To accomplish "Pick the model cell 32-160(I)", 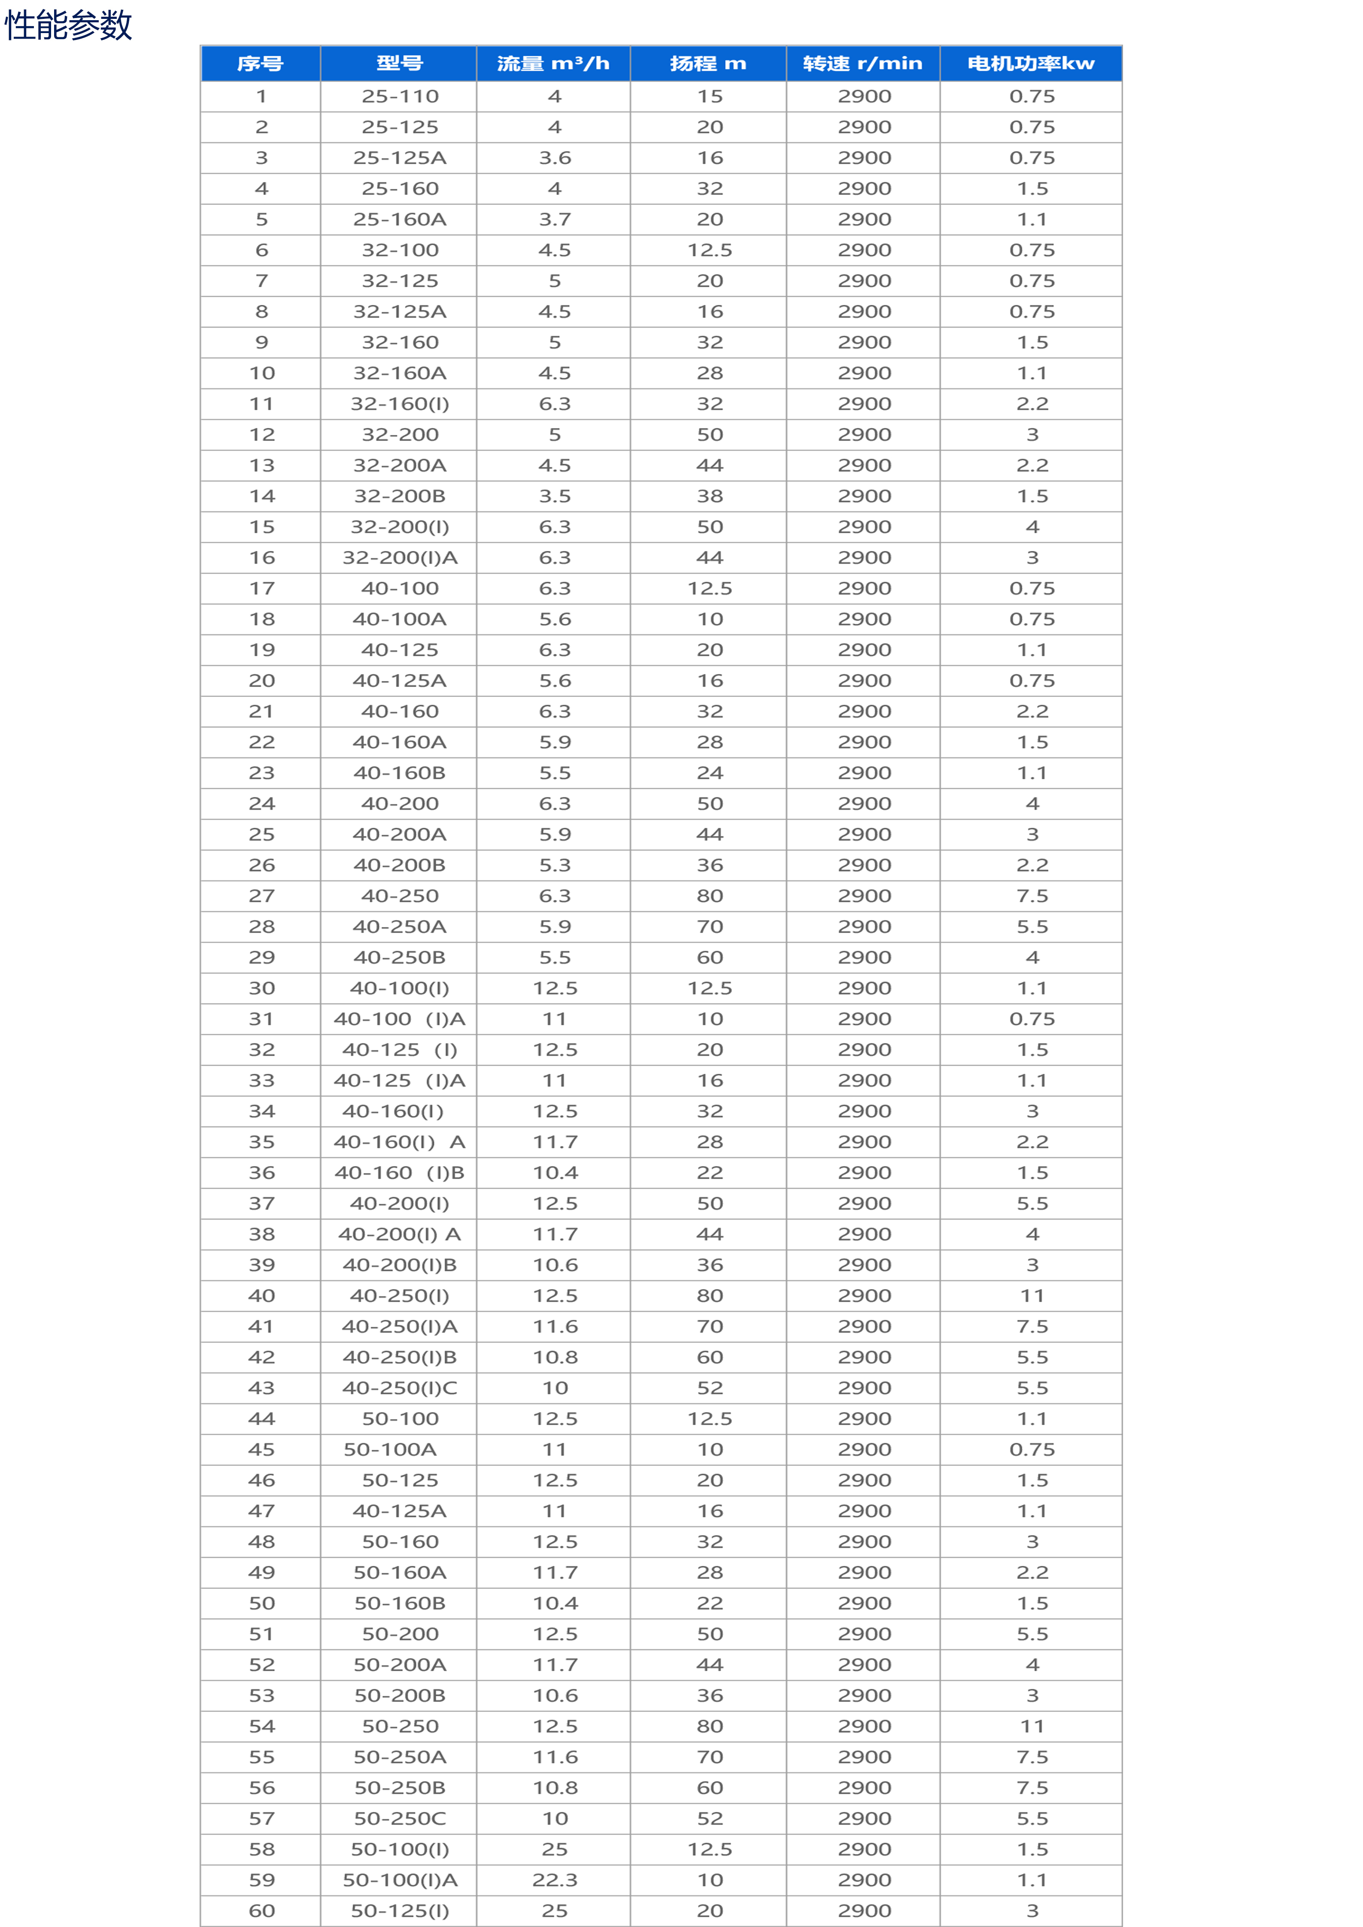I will coord(401,404).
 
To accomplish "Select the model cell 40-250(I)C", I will coord(401,1388).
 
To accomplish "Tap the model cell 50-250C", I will coord(401,1819).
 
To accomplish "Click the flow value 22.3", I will coord(555,1880).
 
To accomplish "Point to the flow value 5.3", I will coord(555,865).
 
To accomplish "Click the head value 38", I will coord(710,496).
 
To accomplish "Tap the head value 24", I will coord(710,773).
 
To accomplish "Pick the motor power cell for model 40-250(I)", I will coord(1032,1296).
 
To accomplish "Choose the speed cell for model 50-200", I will coord(865,1634).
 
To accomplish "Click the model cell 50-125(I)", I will coord(401,1911).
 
